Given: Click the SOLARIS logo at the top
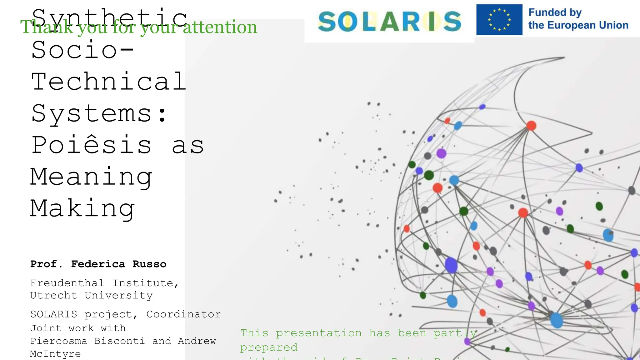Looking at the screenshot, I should (389, 22).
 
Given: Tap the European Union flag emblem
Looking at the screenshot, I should (499, 20).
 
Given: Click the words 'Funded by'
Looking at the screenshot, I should (555, 12).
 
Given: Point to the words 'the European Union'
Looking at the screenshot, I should (578, 25).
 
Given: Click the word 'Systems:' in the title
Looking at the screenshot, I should (99, 114).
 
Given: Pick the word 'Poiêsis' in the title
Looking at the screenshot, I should (92, 145).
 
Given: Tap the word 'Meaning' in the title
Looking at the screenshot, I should (91, 177).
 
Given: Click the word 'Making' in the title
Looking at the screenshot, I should (82, 209).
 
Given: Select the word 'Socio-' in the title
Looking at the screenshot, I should (83, 50).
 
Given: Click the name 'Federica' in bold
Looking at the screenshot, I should (98, 264).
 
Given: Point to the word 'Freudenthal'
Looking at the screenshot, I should (67, 283).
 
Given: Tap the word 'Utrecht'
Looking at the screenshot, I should (53, 295).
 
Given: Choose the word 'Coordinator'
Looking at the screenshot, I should (183, 314).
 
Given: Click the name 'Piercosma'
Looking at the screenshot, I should (58, 341).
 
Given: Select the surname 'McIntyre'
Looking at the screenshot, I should (55, 354).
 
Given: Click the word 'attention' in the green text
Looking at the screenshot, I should (220, 27).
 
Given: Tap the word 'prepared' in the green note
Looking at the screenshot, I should (269, 347).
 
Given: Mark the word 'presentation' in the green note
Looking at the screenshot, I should (318, 333).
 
